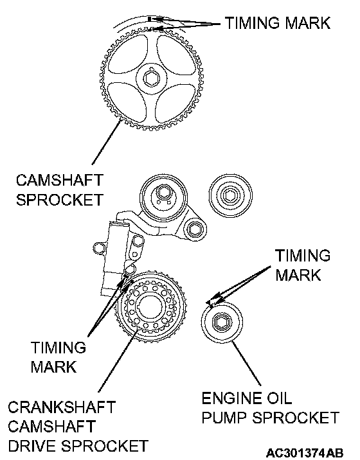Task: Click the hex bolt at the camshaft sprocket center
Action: [x=152, y=78]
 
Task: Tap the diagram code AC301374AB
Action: [x=305, y=453]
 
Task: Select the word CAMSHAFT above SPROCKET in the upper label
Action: [x=60, y=180]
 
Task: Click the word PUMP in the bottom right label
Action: [x=224, y=418]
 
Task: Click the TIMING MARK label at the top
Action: [x=278, y=22]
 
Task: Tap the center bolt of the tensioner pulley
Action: [x=163, y=193]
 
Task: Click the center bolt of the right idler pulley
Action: [x=230, y=195]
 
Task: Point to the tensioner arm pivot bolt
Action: [x=194, y=229]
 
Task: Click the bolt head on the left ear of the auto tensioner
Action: [x=99, y=248]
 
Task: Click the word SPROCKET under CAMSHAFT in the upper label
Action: [x=60, y=200]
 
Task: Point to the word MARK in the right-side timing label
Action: [x=298, y=275]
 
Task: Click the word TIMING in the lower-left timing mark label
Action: [x=59, y=348]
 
